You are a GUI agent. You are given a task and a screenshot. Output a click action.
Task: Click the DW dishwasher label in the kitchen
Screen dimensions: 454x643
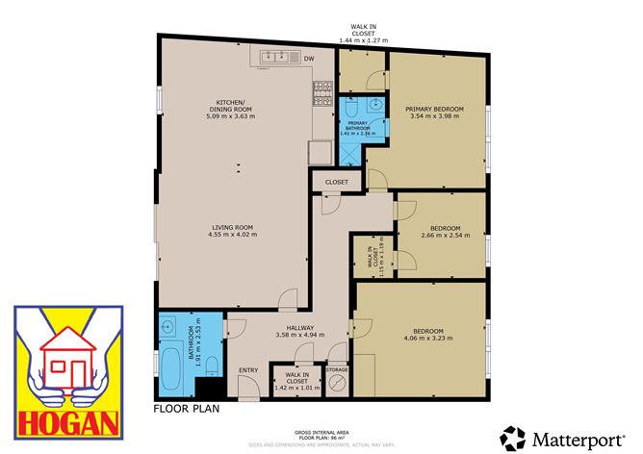click(x=309, y=60)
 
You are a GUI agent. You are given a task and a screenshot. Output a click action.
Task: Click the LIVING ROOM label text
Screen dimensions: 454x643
click(x=235, y=227)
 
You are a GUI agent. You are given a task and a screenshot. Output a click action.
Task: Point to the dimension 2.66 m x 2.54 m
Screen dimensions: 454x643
click(x=444, y=234)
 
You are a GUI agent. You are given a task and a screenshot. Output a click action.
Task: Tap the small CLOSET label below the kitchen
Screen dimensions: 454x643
click(x=337, y=181)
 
